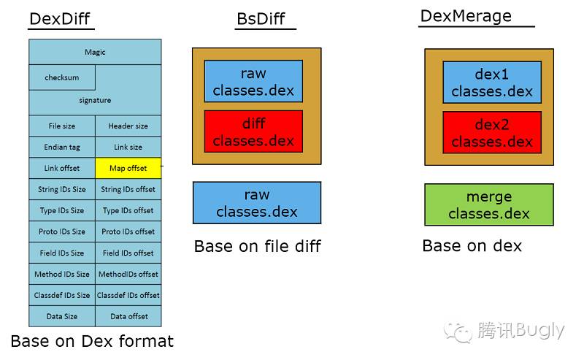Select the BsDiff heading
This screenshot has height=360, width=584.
(261, 19)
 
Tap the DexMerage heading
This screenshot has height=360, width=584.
(466, 16)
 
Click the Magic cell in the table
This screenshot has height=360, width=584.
(95, 53)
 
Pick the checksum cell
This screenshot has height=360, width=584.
(62, 77)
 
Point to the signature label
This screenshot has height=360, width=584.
(95, 100)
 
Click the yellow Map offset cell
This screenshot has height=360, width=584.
(128, 168)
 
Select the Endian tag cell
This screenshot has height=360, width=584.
(62, 147)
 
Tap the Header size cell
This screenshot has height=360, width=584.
(128, 126)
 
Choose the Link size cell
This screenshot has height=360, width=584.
(128, 147)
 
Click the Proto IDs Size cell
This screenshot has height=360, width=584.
(62, 231)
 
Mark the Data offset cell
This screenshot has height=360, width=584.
(128, 316)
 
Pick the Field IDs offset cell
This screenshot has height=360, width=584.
(128, 253)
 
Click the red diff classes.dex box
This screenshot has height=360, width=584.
(253, 131)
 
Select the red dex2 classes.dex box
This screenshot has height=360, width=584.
(492, 133)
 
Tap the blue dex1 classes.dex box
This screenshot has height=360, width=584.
(492, 82)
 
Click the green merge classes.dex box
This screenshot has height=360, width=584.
(489, 204)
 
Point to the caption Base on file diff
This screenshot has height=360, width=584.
(257, 247)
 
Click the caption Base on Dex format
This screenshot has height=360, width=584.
(92, 341)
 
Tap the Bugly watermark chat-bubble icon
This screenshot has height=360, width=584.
(460, 332)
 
